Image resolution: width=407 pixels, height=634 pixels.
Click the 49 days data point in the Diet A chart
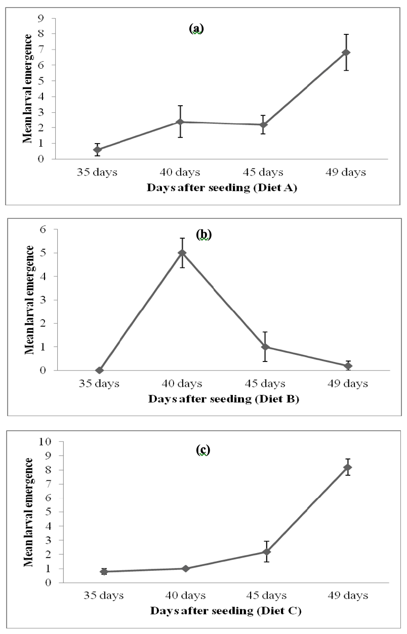(x=346, y=53)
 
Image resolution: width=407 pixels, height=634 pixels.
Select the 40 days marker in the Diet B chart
(x=182, y=253)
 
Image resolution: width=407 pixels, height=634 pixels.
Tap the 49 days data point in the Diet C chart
(x=348, y=467)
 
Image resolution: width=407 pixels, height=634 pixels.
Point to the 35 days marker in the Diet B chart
(x=99, y=370)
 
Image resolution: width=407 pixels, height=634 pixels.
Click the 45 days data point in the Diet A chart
(x=263, y=125)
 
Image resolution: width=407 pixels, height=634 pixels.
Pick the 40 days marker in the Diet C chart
(x=186, y=569)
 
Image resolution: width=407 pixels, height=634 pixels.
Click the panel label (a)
(x=196, y=28)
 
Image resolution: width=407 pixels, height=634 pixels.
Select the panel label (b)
(x=204, y=235)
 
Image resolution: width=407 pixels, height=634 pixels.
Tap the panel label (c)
(x=203, y=450)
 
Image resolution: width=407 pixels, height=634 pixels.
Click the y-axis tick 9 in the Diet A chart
(x=41, y=19)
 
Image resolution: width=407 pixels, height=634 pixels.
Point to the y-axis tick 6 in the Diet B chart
(x=43, y=229)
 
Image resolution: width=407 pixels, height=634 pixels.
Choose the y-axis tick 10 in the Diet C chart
(x=45, y=441)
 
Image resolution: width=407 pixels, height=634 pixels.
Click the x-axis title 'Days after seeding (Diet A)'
(x=222, y=188)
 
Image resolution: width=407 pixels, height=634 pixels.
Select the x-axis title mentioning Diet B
(x=224, y=399)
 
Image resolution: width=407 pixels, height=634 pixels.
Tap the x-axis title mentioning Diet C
(x=226, y=611)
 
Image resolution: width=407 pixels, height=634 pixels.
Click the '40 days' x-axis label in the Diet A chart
(x=180, y=172)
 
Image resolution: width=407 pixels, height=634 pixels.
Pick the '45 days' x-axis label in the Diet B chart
(x=265, y=384)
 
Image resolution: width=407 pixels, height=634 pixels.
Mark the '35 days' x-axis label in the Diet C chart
(x=104, y=596)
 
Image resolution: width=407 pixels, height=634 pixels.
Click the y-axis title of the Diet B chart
(x=29, y=300)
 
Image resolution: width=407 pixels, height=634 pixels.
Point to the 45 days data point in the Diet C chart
(x=266, y=552)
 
